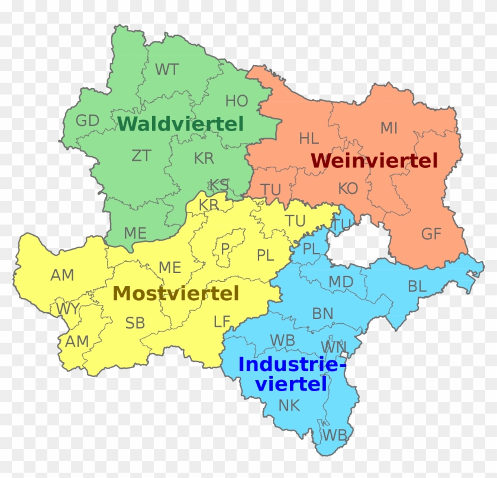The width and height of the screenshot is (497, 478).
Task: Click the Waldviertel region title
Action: [180, 124]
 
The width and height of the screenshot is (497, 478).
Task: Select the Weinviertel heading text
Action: [374, 160]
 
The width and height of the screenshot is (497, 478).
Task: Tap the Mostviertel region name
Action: [176, 293]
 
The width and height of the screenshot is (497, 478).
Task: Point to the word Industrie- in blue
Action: [292, 365]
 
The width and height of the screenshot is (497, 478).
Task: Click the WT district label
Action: [167, 70]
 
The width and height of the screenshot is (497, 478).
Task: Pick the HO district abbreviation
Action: [237, 101]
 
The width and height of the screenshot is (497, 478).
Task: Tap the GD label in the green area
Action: [88, 121]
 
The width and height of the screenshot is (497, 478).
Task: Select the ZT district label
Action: [141, 156]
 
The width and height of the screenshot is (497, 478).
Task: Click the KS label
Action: [219, 185]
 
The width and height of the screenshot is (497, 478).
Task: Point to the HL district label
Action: [309, 139]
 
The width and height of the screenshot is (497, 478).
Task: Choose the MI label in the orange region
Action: [389, 128]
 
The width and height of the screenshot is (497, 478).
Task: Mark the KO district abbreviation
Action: [348, 188]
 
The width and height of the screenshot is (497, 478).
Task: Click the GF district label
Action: [431, 234]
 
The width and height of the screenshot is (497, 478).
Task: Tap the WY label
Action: [67, 308]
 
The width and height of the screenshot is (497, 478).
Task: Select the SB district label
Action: [134, 323]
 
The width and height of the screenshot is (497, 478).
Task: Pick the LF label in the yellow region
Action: [222, 322]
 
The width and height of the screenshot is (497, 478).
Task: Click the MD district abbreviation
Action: [341, 282]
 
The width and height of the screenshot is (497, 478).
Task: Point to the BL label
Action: [417, 287]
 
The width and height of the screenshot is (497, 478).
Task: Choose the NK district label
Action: [289, 405]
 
